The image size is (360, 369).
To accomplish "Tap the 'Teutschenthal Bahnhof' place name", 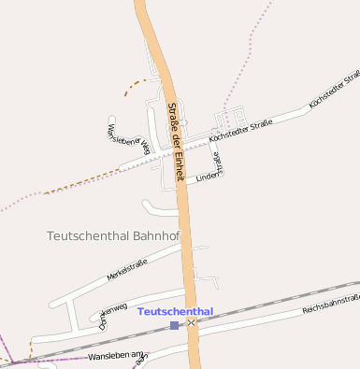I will click(112, 236).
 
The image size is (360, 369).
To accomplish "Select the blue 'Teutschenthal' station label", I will click(175, 311).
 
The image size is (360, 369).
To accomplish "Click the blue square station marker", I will click(175, 325).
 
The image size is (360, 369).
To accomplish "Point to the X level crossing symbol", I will click(192, 322).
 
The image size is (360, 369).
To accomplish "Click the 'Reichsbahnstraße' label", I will click(332, 305).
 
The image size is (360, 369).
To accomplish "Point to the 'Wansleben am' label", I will click(117, 357).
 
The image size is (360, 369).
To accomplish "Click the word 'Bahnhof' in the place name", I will click(157, 236).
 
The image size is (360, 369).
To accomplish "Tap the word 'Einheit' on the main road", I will click(178, 163).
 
